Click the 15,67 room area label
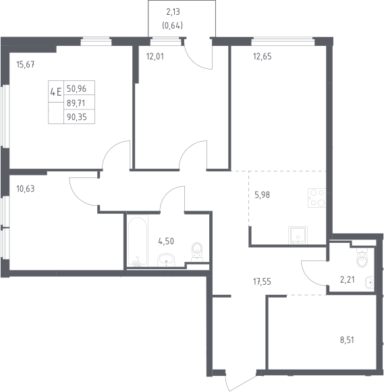tap(26, 65)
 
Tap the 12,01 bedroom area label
tap(155, 57)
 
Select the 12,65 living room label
tap(263, 57)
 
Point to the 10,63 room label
tap(26, 189)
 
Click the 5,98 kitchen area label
tap(263, 195)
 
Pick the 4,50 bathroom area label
tap(166, 242)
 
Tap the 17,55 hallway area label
tap(262, 282)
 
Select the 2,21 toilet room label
tap(348, 279)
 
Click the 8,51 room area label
tap(347, 340)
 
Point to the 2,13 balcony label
tap(173, 12)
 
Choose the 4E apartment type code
tap(56, 92)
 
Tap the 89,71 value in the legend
tap(76, 103)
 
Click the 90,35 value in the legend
tap(77, 117)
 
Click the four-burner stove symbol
tap(317, 198)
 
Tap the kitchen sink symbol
tap(298, 235)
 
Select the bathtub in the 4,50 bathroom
tap(137, 242)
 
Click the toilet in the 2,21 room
tap(362, 258)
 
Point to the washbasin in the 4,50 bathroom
tap(166, 260)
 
